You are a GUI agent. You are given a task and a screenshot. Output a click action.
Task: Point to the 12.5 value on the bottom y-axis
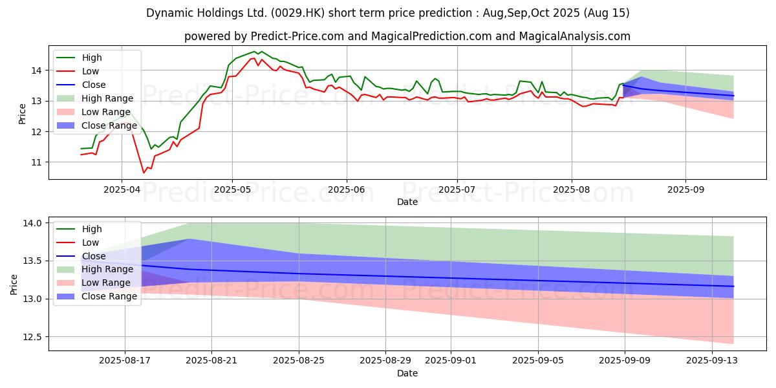click(32, 337)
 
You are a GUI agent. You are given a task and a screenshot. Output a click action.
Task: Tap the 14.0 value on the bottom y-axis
click(32, 223)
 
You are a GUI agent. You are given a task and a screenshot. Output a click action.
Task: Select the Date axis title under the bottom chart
click(407, 373)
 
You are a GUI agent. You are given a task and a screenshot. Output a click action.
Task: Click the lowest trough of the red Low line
click(144, 173)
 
